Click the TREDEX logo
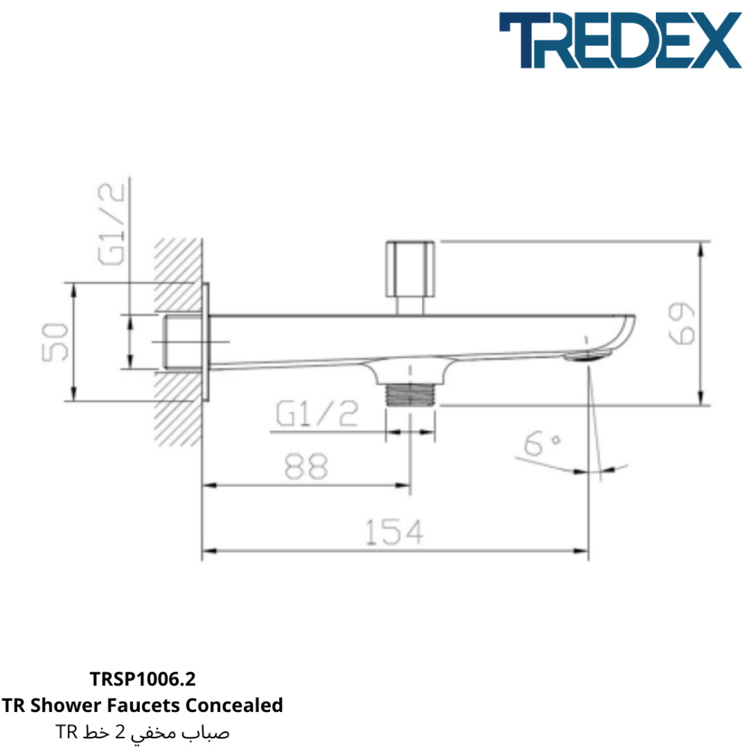pos(620,40)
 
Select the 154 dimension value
pos(394,532)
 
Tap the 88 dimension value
pos(306,466)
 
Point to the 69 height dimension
pos(681,323)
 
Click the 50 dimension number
pos(55,342)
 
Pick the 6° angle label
pos(542,443)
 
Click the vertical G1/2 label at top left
pos(111,224)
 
